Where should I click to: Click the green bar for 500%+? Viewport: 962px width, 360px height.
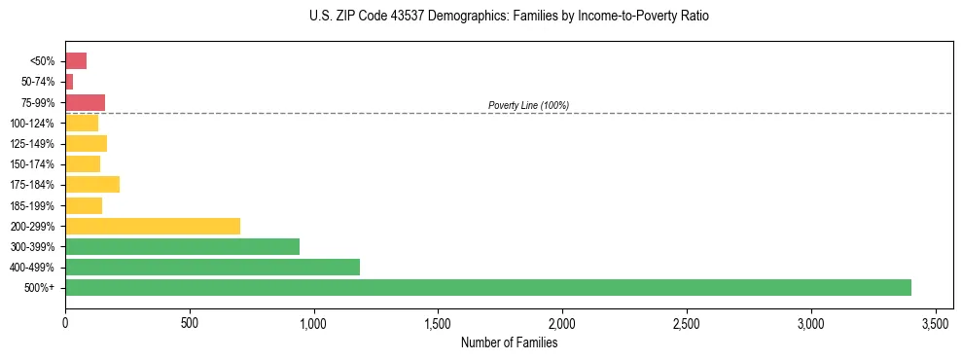[x=487, y=287]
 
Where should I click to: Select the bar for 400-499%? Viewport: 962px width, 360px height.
[x=212, y=267]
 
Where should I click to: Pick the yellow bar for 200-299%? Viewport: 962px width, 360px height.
[x=153, y=226]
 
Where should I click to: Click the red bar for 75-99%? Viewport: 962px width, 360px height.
[x=85, y=102]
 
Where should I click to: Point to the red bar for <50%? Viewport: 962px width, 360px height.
[x=76, y=61]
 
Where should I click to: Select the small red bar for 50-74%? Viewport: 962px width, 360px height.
[x=69, y=82]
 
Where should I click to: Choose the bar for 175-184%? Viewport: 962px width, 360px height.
[x=92, y=184]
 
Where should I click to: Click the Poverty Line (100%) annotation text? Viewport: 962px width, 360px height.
[x=528, y=105]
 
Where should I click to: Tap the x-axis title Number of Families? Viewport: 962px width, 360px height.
[x=509, y=342]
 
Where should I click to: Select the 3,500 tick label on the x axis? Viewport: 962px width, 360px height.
[x=936, y=322]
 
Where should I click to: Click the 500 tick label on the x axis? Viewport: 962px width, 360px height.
[x=190, y=322]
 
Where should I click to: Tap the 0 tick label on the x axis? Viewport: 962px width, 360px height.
[x=65, y=322]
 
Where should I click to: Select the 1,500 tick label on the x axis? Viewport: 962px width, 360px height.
[x=438, y=322]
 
